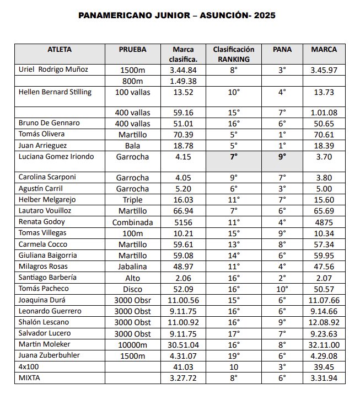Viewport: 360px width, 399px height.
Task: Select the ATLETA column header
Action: point(60,50)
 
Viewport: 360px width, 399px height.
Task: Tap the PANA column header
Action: point(282,50)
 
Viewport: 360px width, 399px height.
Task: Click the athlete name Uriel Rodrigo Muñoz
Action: point(53,70)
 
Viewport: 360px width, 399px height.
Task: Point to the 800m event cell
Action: point(132,81)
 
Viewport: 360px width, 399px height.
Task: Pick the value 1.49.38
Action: point(184,81)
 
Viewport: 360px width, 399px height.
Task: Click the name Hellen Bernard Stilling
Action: point(55,92)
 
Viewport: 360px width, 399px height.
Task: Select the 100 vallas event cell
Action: point(132,92)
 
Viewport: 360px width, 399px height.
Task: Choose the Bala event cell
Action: point(132,146)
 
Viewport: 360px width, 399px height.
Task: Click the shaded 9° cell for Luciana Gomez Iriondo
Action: point(282,157)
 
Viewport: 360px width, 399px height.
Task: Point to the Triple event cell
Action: point(132,200)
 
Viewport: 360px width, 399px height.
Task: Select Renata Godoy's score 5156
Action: point(184,222)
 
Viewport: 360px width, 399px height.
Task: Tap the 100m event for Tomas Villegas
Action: point(132,233)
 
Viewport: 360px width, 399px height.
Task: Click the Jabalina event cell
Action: point(132,267)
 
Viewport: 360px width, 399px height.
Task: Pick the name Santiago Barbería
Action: point(48,278)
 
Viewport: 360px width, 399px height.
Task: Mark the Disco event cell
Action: point(132,289)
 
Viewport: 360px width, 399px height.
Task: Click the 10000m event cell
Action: point(132,345)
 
